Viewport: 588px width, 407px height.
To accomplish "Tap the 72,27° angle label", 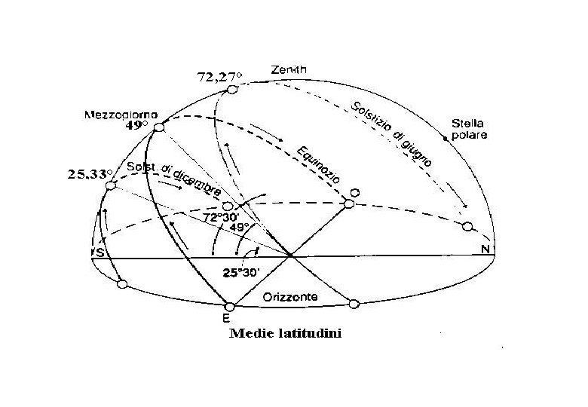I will [219, 77].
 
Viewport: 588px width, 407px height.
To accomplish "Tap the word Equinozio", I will [316, 162].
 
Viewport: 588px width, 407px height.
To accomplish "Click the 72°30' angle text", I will [221, 217].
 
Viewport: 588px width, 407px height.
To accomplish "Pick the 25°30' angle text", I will [241, 273].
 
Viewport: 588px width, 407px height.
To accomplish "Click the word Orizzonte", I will [289, 298].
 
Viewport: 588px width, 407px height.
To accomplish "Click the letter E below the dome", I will [226, 318].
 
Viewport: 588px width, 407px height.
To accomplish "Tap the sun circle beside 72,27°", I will [232, 90].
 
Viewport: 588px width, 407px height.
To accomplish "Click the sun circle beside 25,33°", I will [110, 185].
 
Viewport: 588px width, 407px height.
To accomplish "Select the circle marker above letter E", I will [231, 306].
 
